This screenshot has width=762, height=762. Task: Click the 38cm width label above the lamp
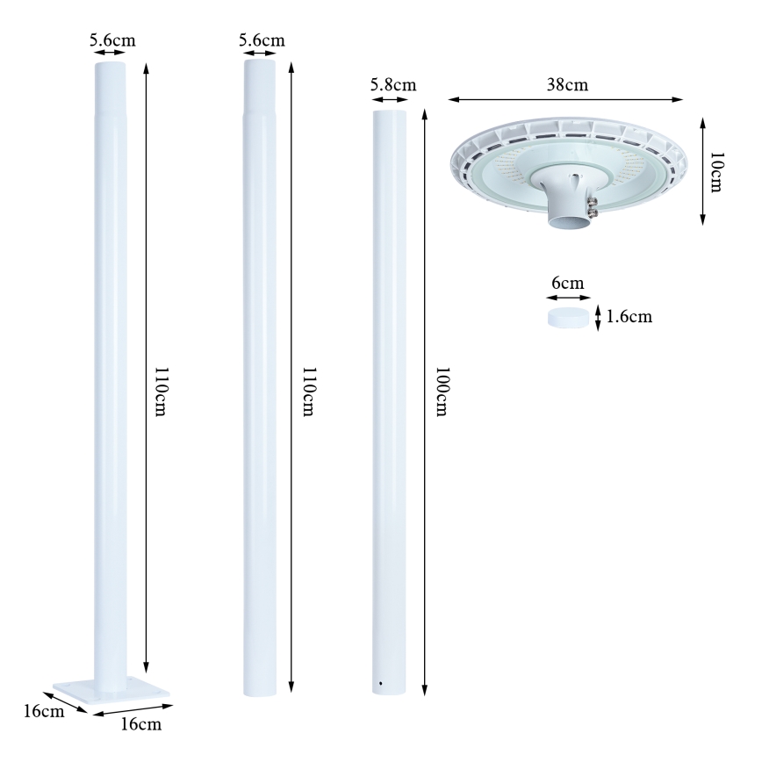[567, 84]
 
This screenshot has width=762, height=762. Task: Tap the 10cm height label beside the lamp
[715, 171]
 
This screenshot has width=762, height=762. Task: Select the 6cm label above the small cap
[565, 283]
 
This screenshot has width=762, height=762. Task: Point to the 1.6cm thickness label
[629, 317]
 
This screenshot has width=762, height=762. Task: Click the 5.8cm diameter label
[392, 84]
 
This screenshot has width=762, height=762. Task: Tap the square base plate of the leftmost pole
[110, 690]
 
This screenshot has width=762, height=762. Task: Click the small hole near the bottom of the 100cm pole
[380, 684]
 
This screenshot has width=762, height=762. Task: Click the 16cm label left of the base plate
[41, 711]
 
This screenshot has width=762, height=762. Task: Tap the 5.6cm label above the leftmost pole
[112, 40]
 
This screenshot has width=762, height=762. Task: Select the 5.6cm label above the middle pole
[262, 40]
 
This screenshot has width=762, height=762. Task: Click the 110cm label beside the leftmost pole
[161, 392]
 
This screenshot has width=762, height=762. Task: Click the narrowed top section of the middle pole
[259, 83]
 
